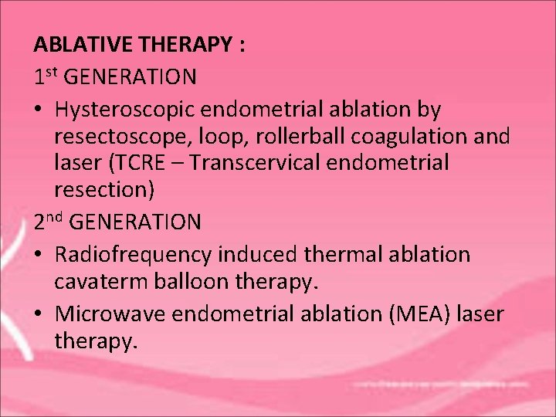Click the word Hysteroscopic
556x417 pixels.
tap(131, 109)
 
